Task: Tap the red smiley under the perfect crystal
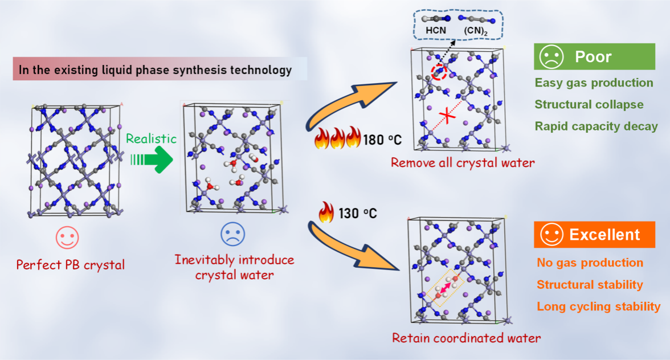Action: [67, 238]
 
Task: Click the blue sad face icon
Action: [233, 234]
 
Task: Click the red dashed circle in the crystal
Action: [439, 72]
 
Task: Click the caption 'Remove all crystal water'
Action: [462, 163]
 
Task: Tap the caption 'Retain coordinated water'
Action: [466, 338]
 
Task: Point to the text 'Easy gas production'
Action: [594, 83]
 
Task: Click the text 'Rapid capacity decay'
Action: [596, 126]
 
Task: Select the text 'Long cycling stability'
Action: [598, 306]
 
